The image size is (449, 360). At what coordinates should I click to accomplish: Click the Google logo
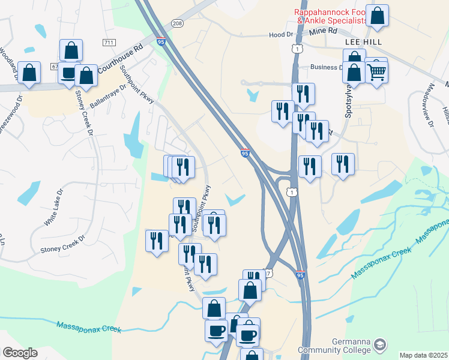tap(19, 353)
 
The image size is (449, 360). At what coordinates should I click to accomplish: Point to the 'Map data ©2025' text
tap(424, 355)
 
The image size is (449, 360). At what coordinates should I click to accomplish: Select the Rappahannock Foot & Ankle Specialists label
tap(331, 17)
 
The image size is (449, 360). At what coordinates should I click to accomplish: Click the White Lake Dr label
tap(53, 208)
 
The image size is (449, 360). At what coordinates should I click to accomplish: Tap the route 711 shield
tap(109, 43)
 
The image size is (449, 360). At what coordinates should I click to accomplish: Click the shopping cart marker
tap(376, 72)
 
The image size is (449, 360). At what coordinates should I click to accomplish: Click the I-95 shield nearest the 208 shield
tap(161, 41)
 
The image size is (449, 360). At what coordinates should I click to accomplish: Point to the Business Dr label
tap(325, 68)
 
